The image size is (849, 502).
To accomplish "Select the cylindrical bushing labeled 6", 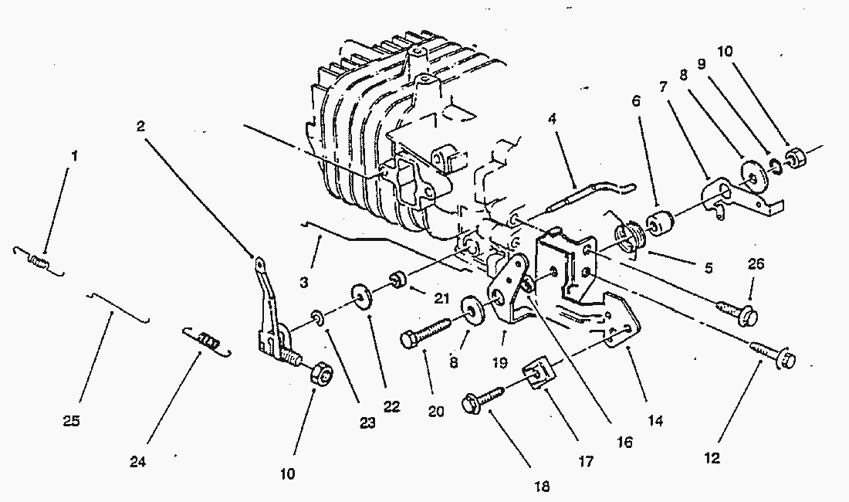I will pyautogui.click(x=663, y=223).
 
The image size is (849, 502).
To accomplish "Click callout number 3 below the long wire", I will pyautogui.click(x=304, y=283).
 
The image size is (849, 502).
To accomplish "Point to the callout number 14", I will pyautogui.click(x=656, y=422).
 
